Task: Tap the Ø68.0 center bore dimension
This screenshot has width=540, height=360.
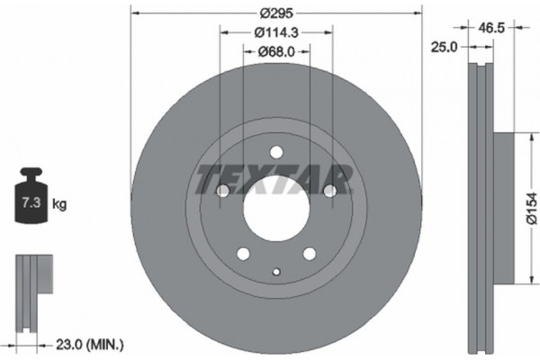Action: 276,52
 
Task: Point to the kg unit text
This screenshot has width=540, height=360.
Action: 59,204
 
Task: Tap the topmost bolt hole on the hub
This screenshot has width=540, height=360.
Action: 276,151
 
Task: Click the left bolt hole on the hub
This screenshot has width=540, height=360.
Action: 222,191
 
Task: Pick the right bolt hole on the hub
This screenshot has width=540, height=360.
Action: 329,191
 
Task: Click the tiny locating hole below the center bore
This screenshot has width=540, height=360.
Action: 276,273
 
